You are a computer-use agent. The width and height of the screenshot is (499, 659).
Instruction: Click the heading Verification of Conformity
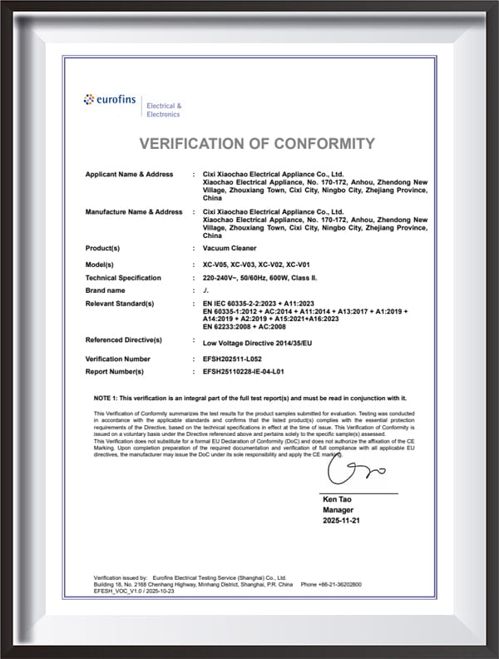click(257, 143)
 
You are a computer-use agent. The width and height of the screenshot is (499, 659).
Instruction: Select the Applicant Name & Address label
click(129, 174)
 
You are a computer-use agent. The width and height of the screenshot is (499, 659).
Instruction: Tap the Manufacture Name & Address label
click(133, 212)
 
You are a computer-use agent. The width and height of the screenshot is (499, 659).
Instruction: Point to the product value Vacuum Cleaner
click(230, 249)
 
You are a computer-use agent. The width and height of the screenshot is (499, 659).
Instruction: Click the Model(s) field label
click(101, 264)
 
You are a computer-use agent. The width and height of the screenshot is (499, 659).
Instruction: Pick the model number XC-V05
click(215, 264)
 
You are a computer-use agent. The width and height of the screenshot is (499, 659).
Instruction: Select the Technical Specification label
click(124, 277)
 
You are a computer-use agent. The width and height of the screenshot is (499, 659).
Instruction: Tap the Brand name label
click(105, 290)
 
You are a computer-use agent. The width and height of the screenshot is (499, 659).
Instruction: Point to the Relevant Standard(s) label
click(120, 304)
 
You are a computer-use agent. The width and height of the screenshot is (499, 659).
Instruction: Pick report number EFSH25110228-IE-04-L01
click(255, 371)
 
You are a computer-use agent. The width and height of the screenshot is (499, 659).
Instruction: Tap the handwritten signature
click(354, 473)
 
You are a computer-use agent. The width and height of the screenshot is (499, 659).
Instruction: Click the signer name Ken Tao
click(336, 499)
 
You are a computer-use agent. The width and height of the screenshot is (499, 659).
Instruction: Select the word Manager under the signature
click(338, 510)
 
